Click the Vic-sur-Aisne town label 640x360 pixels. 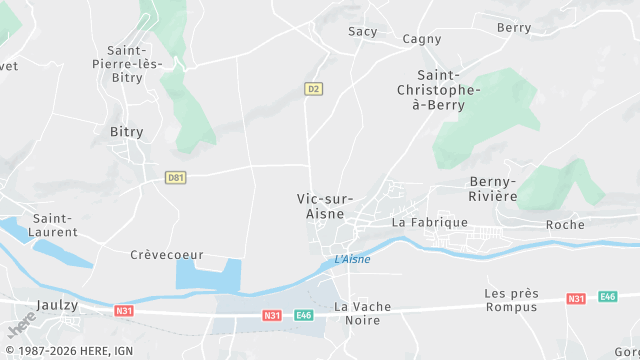click(325, 206)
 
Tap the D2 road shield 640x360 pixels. click(313, 89)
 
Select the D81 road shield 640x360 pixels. click(176, 178)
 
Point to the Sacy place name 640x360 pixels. click(363, 32)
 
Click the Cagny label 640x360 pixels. click(422, 39)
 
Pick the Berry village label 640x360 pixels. click(514, 28)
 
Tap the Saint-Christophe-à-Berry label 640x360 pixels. click(448, 91)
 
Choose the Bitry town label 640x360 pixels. click(127, 132)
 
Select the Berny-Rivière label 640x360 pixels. click(493, 189)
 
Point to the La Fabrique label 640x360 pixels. click(430, 222)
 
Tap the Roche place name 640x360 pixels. click(565, 225)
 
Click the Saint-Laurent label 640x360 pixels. click(56, 225)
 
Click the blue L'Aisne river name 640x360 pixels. click(352, 260)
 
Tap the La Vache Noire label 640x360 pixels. click(363, 313)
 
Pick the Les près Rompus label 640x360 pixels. click(511, 300)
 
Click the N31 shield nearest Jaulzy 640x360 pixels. click(123, 310)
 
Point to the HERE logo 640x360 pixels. click(20, 326)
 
